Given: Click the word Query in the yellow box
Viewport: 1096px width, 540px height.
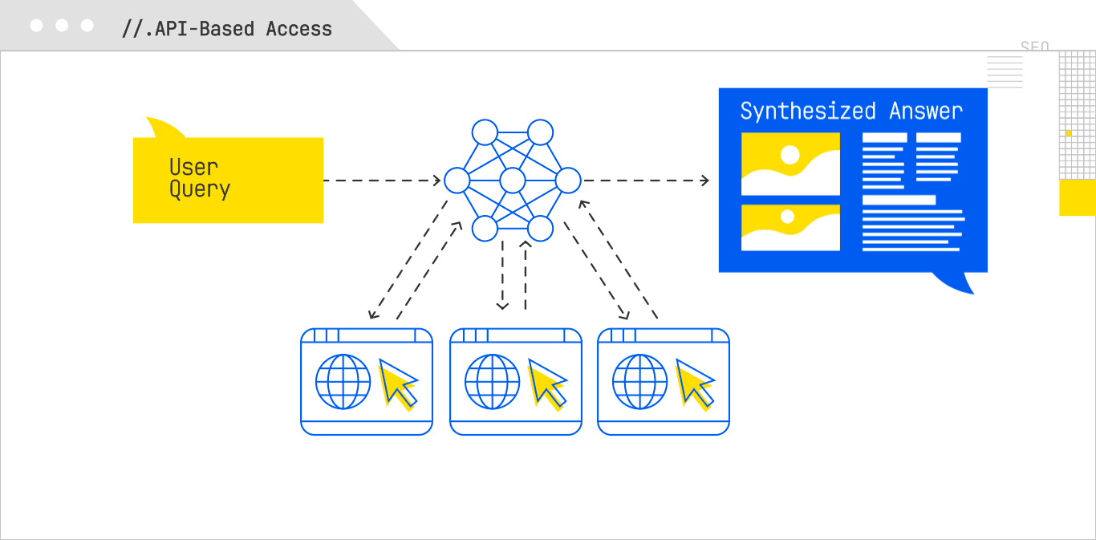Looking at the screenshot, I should coord(199,189).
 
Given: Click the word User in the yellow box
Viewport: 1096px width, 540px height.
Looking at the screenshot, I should coord(193,167).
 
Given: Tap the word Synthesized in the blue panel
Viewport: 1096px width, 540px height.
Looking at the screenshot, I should coord(807,111).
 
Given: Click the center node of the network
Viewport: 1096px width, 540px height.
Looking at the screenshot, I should coord(512,181).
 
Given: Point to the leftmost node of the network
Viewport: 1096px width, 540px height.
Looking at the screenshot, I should coord(457,181).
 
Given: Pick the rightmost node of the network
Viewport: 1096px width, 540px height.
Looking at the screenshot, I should coord(567,181).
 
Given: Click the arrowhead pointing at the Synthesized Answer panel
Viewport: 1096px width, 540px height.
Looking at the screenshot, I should coord(704,181).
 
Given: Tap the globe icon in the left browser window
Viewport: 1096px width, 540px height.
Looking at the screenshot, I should coord(343,382).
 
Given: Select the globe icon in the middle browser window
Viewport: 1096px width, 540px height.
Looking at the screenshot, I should coord(492,382).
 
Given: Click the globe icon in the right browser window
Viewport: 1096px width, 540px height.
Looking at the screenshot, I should coord(639,382).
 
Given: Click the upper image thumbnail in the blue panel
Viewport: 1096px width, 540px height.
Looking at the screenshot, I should coord(790,164).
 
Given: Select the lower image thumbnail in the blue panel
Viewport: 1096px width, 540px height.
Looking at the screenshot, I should coord(790,227).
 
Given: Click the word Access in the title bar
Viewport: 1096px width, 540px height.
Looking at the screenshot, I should coord(298,29).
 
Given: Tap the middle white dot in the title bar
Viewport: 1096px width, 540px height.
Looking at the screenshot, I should coord(62,26).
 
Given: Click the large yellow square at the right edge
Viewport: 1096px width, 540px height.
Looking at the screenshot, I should coord(1077,197).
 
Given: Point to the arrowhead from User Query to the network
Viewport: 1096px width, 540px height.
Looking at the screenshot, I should coord(437,181).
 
